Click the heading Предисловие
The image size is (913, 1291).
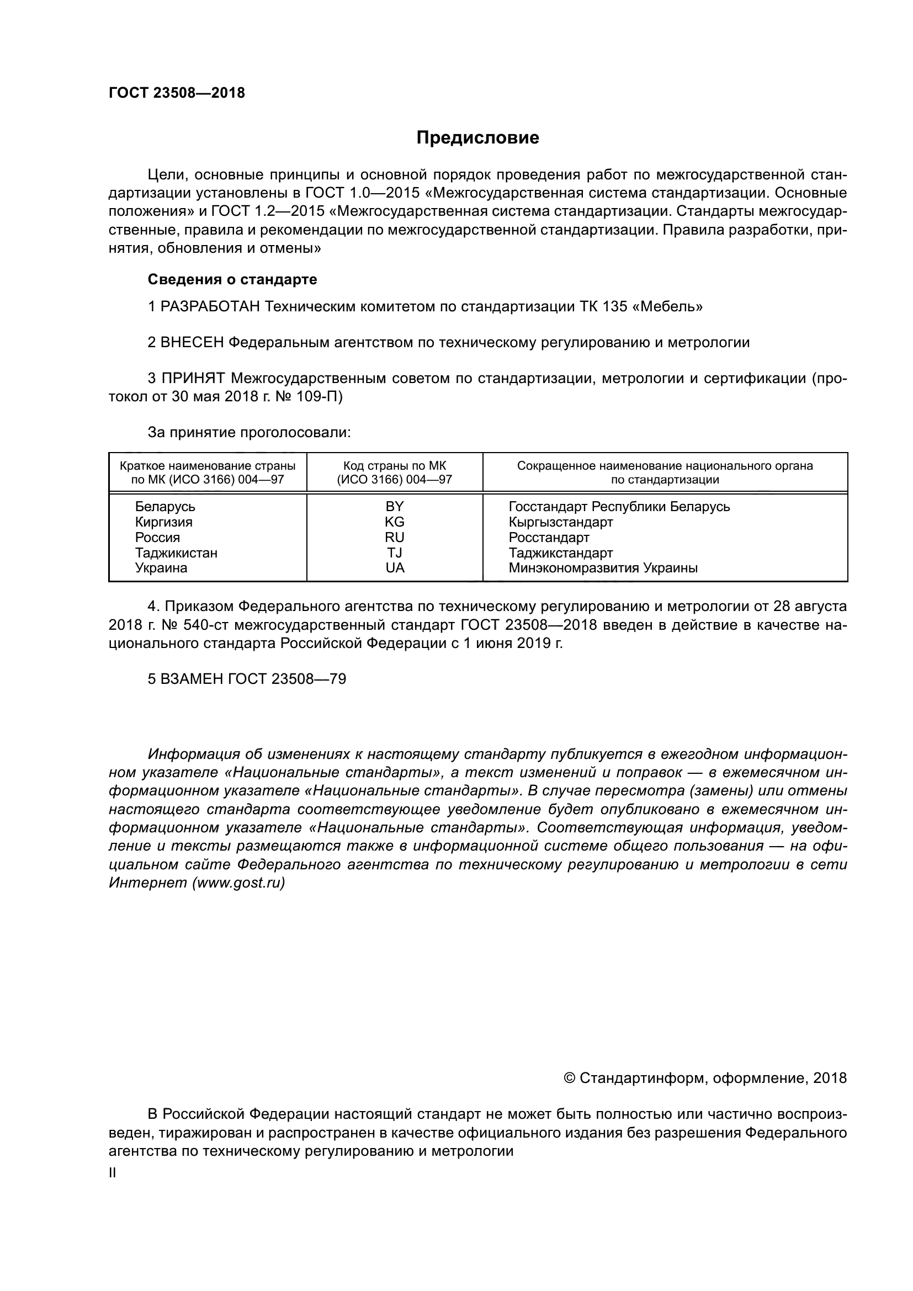pyautogui.click(x=477, y=138)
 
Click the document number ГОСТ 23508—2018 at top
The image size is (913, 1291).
pyautogui.click(x=177, y=93)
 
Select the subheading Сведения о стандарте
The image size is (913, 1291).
pyautogui.click(x=232, y=279)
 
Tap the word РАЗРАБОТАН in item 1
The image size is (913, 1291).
pyautogui.click(x=210, y=306)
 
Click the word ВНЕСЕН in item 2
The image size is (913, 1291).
pyautogui.click(x=192, y=342)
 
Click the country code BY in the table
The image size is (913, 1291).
pyautogui.click(x=395, y=507)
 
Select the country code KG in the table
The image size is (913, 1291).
pyautogui.click(x=395, y=522)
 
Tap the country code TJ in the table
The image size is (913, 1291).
pyautogui.click(x=395, y=552)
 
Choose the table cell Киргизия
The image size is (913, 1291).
pyautogui.click(x=163, y=522)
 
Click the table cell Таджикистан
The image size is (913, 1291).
pyautogui.click(x=176, y=552)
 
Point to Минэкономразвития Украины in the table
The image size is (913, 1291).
pyautogui.click(x=603, y=568)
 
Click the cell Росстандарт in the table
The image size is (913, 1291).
pyautogui.click(x=549, y=538)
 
